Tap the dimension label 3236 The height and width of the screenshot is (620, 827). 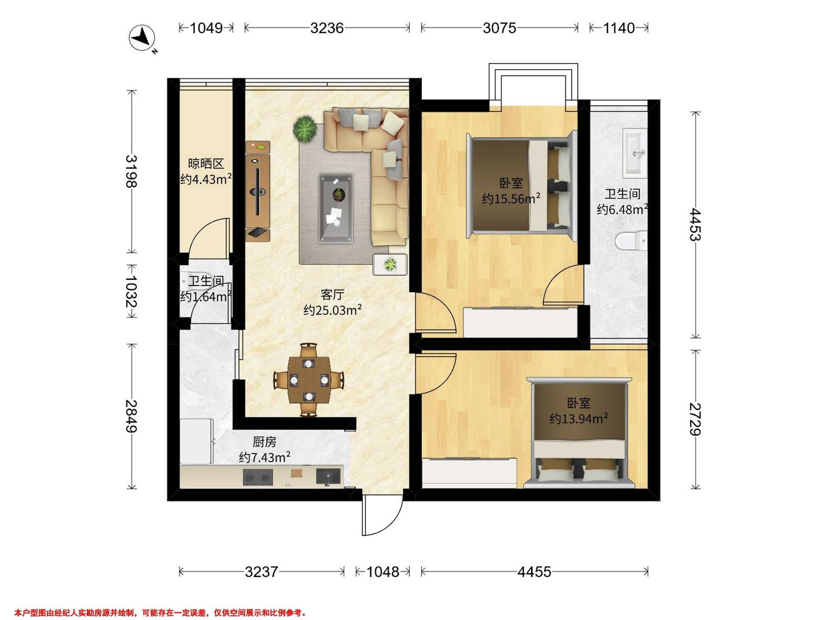coord(327,28)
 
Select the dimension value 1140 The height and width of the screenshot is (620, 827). coord(619,28)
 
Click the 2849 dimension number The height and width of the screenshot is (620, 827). coord(131,416)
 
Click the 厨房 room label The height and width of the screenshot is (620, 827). coord(264,443)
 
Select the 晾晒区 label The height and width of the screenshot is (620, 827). coord(206,164)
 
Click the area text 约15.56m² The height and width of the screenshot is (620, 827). coord(511,198)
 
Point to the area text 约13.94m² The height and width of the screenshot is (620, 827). coord(578,419)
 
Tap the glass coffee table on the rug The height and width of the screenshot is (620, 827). coord(336,208)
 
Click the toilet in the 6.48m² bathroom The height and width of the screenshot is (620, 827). coord(631,241)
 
